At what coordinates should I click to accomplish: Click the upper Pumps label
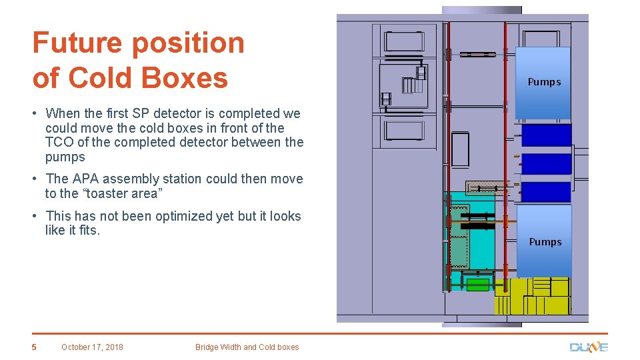pyautogui.click(x=544, y=82)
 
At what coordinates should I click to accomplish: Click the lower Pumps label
pyautogui.click(x=545, y=242)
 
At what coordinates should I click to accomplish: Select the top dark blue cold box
pyautogui.click(x=546, y=135)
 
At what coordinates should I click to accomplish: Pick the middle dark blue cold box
pyautogui.click(x=546, y=163)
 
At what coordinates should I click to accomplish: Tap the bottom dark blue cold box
pyautogui.click(x=546, y=192)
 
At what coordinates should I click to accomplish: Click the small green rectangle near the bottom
pyautogui.click(x=477, y=285)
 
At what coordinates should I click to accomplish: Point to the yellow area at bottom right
pyautogui.click(x=532, y=297)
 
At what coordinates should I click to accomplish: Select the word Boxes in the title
pyautogui.click(x=186, y=77)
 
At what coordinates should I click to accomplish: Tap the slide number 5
pyautogui.click(x=35, y=347)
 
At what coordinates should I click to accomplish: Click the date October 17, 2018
pyautogui.click(x=92, y=347)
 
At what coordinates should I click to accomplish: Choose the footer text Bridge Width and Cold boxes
pyautogui.click(x=247, y=347)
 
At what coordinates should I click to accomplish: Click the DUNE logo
pyautogui.click(x=589, y=347)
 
